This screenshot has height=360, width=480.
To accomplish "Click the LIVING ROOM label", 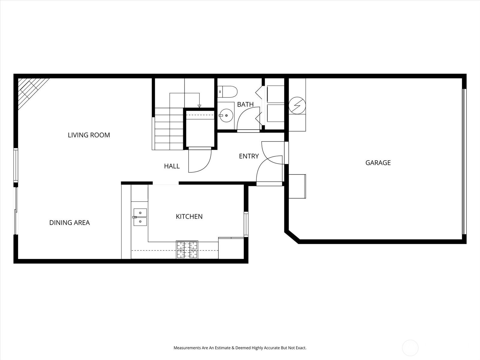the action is (89, 135).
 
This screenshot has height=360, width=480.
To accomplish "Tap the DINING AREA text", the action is (70, 223).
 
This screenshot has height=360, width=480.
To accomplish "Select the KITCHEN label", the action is (189, 216).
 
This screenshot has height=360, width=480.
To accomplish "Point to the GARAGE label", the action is (378, 163).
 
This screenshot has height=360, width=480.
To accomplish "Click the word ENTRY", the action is (249, 156).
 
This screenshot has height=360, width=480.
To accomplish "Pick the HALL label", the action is (172, 166).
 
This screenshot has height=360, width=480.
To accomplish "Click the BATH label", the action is (245, 104).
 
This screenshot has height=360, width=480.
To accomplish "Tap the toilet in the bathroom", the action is (227, 92).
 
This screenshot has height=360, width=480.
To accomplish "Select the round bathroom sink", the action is (226, 115).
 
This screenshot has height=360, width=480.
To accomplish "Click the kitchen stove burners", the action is (187, 250).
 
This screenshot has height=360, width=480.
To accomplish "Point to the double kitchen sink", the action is (140, 217).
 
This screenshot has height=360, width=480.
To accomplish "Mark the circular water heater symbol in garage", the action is (297, 105).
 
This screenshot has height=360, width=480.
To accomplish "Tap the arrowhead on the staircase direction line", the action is (199, 106).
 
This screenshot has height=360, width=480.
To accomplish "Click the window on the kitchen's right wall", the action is (246, 224).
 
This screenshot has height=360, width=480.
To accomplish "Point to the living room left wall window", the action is (16, 165).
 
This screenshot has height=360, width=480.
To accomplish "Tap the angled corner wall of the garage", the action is (292, 236).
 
